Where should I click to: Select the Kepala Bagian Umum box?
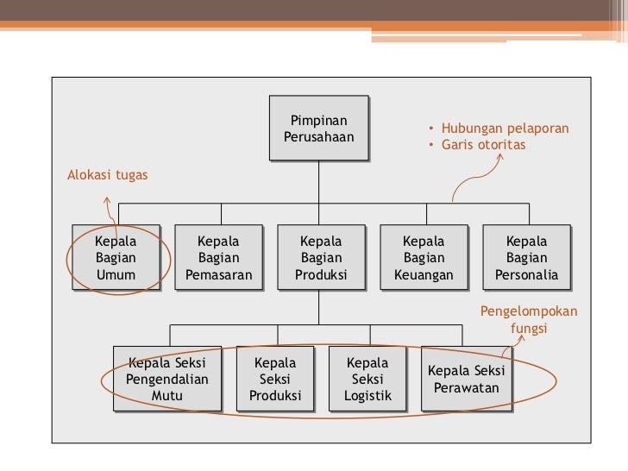tap(116, 258)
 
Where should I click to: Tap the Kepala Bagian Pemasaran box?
tap(218, 258)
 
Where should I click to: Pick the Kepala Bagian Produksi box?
tap(320, 258)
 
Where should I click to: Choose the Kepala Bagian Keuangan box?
tap(424, 258)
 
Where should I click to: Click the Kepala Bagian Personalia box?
tap(526, 258)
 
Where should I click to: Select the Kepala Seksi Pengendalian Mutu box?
tap(167, 380)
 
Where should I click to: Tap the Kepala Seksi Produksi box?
tap(275, 380)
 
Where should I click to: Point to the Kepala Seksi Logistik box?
tap(367, 380)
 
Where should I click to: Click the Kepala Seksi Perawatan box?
tap(466, 380)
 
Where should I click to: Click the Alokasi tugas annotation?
tap(108, 175)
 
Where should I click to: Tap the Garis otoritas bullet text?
tap(483, 145)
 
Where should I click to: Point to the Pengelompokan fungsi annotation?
tap(529, 320)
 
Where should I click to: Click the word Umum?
tap(116, 276)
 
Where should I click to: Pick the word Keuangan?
tap(424, 276)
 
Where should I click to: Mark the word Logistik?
tap(367, 397)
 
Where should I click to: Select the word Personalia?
tap(526, 276)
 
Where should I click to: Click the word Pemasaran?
tap(218, 276)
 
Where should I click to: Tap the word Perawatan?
tap(466, 388)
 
